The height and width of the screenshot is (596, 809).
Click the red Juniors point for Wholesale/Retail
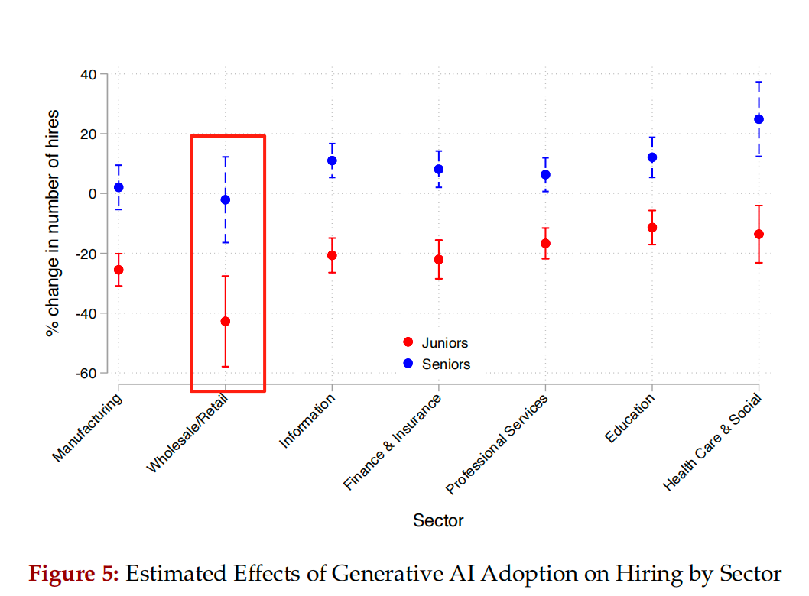226,321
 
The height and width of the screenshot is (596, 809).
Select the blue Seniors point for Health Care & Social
759,118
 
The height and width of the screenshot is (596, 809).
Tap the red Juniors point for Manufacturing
119,270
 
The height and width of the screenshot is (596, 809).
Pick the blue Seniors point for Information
332,160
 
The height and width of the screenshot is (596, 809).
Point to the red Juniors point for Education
652,228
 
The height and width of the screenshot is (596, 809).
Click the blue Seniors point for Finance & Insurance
439,169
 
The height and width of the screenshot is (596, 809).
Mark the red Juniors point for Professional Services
545,243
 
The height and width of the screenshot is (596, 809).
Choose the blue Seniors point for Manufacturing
119,187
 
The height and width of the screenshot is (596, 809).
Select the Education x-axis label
629,419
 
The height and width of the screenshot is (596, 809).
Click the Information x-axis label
307,422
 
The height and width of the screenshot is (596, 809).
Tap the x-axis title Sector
438,521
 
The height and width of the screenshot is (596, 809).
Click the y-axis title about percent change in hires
52,223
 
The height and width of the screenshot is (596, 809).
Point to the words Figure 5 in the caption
73,574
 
